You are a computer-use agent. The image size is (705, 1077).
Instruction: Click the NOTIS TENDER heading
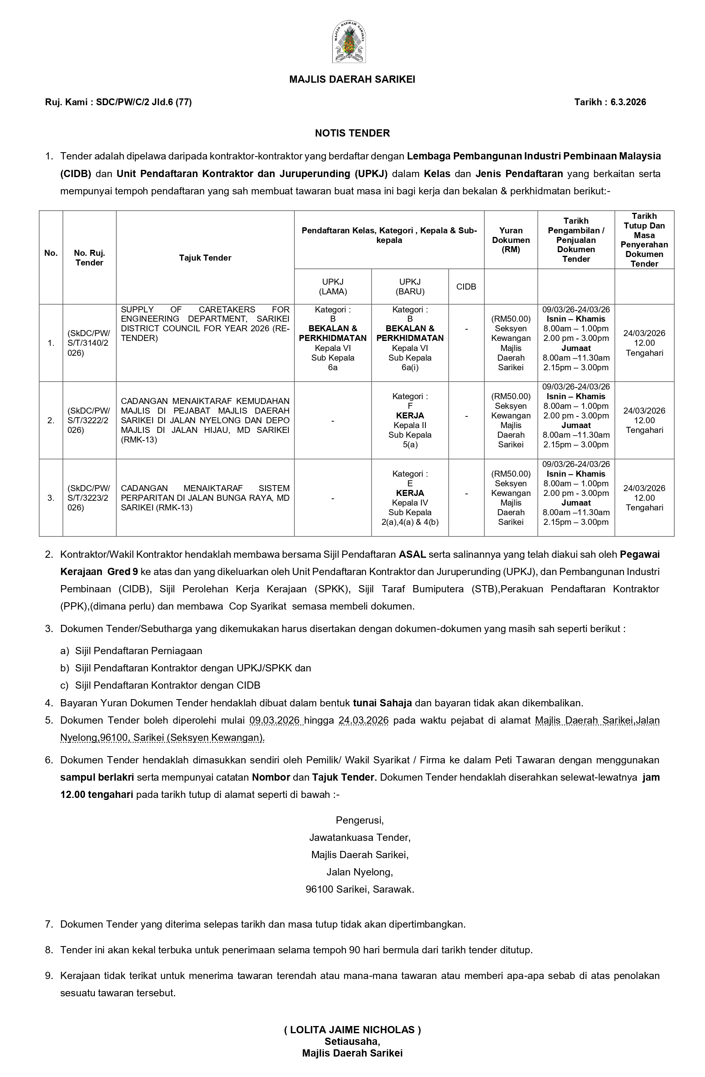pyautogui.click(x=352, y=133)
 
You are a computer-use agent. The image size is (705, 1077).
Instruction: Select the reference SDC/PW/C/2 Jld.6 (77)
pyautogui.click(x=143, y=102)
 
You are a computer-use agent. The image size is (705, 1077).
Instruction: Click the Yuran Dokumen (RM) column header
pyautogui.click(x=511, y=240)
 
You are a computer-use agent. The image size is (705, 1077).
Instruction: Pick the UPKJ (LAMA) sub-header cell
pyautogui.click(x=333, y=287)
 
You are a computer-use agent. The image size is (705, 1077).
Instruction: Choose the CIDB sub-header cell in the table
pyautogui.click(x=466, y=287)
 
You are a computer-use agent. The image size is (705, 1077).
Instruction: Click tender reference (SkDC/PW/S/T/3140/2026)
pyautogui.click(x=89, y=343)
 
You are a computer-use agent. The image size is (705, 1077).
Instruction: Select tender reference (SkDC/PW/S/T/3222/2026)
pyautogui.click(x=89, y=420)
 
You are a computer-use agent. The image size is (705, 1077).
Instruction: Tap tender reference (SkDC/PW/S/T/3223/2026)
pyautogui.click(x=89, y=498)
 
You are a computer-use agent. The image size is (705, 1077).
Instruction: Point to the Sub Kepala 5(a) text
pyautogui.click(x=410, y=440)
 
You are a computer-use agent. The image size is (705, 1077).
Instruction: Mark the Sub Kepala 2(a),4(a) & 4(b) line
pyautogui.click(x=410, y=517)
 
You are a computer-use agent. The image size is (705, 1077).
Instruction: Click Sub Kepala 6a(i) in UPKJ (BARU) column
pyautogui.click(x=410, y=363)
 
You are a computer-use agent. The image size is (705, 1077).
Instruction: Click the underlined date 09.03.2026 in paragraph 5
pyautogui.click(x=275, y=720)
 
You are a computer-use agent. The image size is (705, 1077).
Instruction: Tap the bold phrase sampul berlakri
pyautogui.click(x=97, y=777)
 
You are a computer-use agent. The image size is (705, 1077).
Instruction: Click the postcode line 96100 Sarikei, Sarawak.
pyautogui.click(x=360, y=889)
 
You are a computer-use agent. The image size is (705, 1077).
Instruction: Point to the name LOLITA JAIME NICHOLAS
pyautogui.click(x=352, y=1030)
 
